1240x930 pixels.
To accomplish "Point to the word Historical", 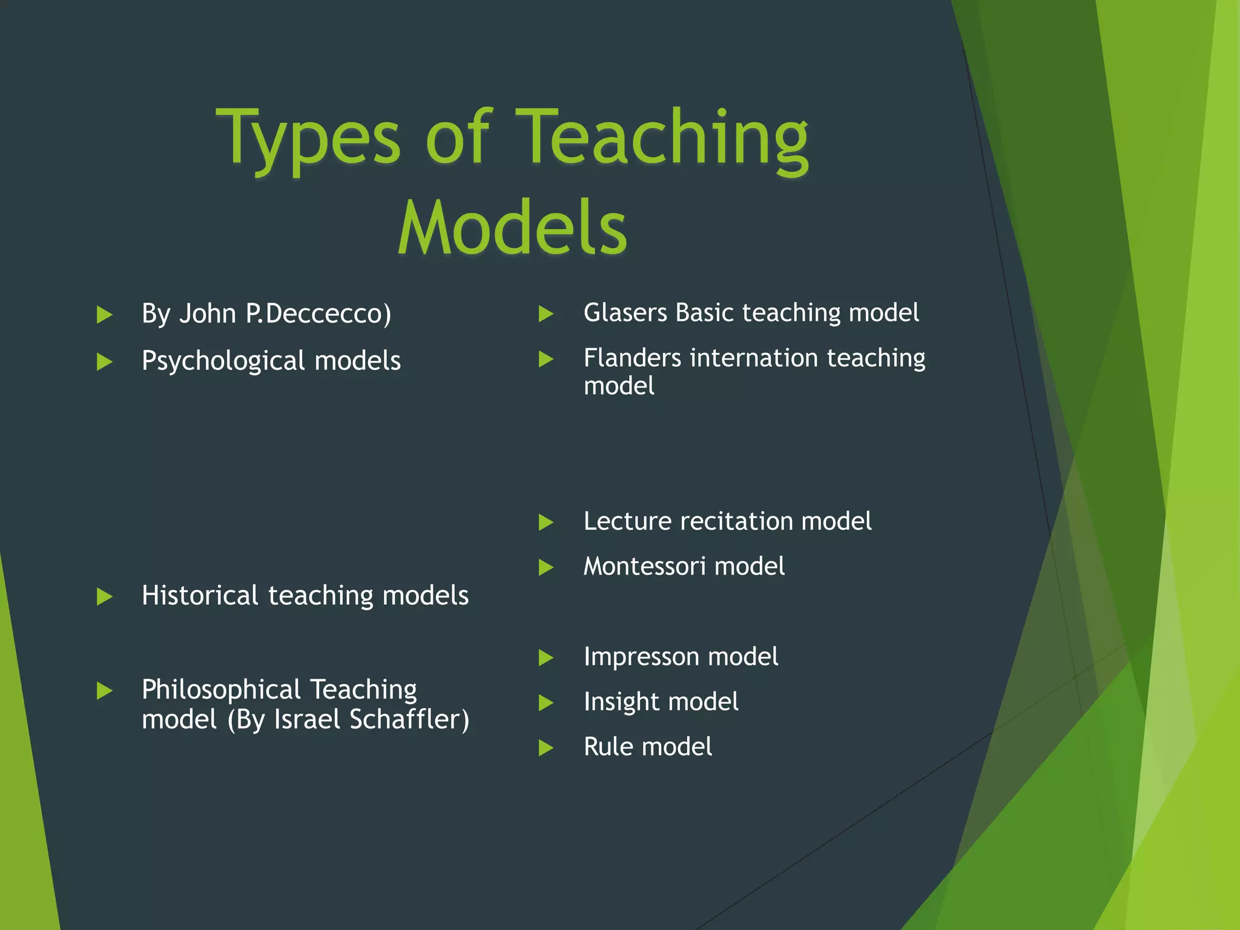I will [x=200, y=595].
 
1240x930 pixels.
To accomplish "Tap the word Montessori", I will [x=644, y=567].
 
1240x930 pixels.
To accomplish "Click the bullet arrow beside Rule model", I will [x=546, y=748].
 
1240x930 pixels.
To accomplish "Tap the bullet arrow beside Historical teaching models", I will [x=105, y=597].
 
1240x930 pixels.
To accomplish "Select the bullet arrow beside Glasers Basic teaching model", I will [x=546, y=314].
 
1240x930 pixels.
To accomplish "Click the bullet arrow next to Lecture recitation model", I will [x=546, y=523].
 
